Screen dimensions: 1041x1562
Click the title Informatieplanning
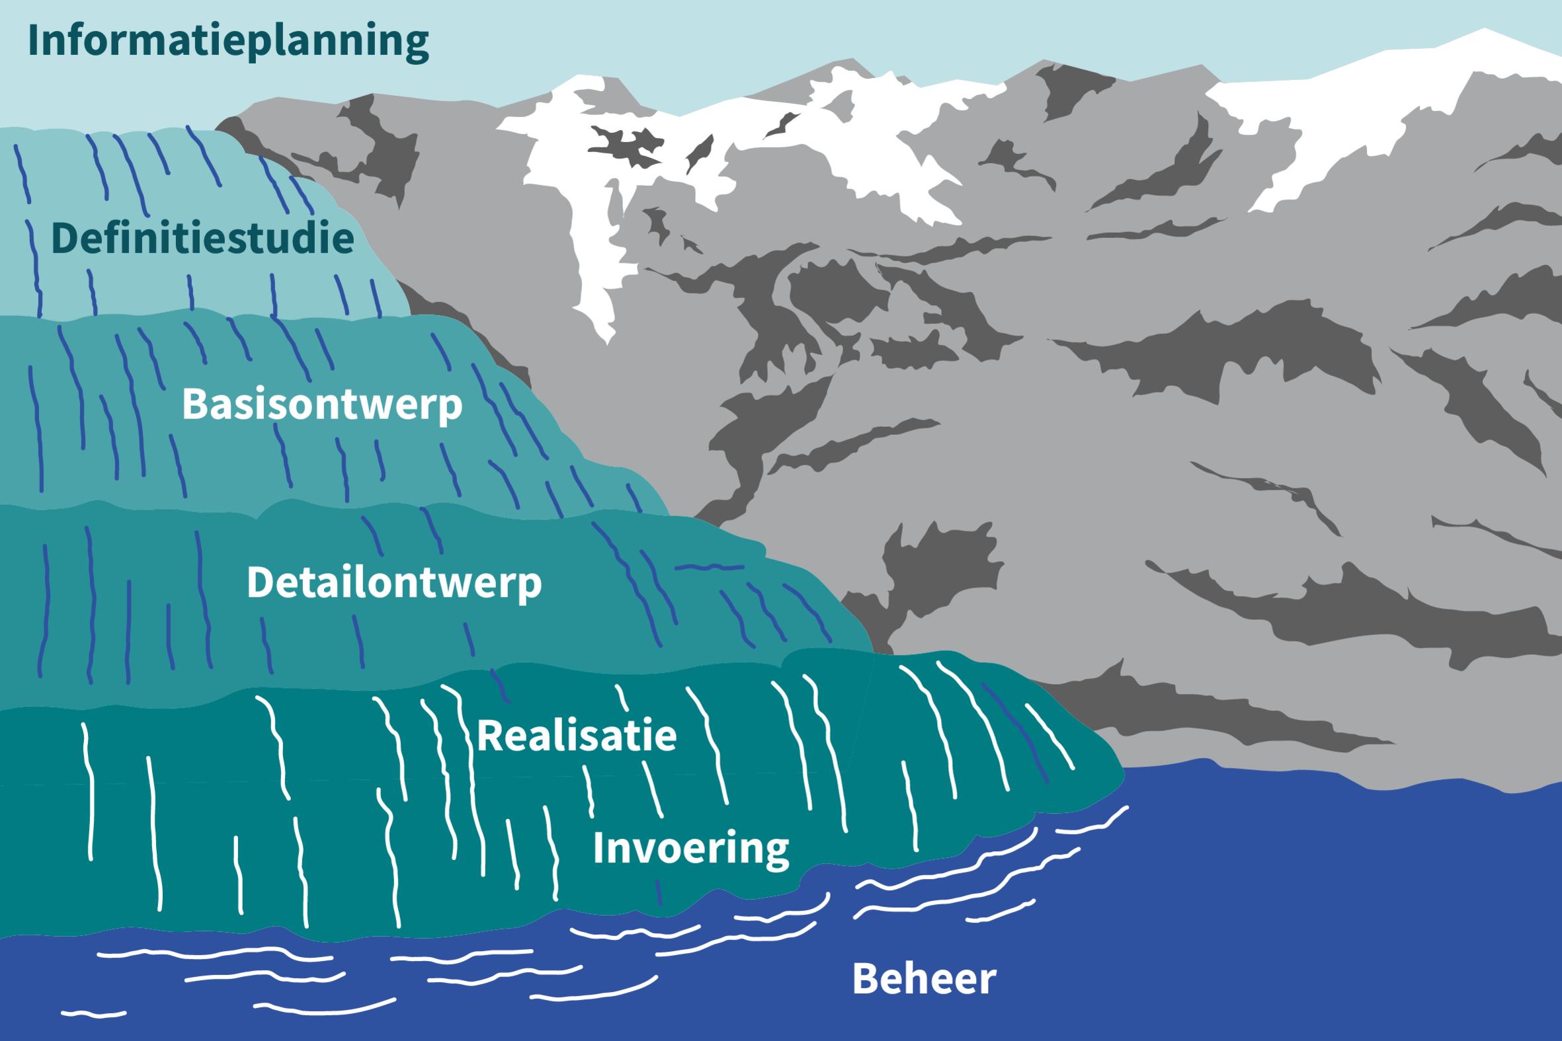(x=227, y=41)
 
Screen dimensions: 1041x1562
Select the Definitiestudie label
(x=202, y=239)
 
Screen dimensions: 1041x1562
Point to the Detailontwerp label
(x=394, y=583)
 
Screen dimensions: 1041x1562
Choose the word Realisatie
(x=577, y=736)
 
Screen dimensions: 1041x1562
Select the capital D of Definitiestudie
(x=65, y=239)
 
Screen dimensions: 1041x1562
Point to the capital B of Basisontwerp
(x=194, y=404)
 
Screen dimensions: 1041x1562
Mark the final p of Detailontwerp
(x=529, y=587)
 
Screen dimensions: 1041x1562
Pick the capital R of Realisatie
(x=489, y=736)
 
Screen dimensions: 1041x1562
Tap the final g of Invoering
(x=775, y=853)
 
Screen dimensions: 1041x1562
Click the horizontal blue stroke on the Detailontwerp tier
(x=709, y=568)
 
